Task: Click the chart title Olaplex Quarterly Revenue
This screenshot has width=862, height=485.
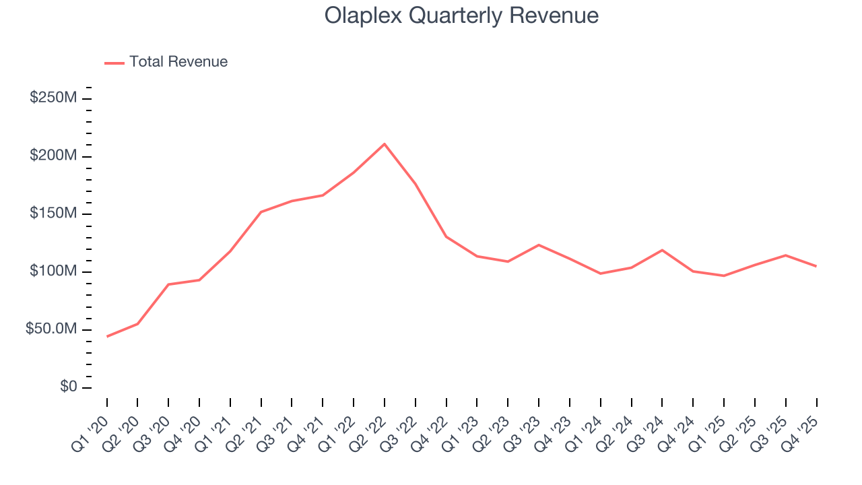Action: pyautogui.click(x=461, y=15)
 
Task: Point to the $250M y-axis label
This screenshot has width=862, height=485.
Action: pyautogui.click(x=53, y=98)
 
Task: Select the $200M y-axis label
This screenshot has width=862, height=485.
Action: pyautogui.click(x=53, y=156)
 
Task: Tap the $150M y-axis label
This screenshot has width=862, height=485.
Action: pyautogui.click(x=53, y=214)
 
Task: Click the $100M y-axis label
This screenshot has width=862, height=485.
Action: pyautogui.click(x=53, y=271)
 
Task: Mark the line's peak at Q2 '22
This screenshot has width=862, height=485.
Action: pyautogui.click(x=385, y=143)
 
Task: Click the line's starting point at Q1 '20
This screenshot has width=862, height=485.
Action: pyautogui.click(x=107, y=336)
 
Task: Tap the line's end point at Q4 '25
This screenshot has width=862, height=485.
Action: pyautogui.click(x=816, y=266)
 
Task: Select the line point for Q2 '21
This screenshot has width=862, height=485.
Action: pyautogui.click(x=261, y=212)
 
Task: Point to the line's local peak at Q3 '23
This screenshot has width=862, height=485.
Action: pyautogui.click(x=539, y=245)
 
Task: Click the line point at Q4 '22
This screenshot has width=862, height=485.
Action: pyautogui.click(x=446, y=236)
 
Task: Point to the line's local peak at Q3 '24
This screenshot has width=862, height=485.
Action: pyautogui.click(x=662, y=250)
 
